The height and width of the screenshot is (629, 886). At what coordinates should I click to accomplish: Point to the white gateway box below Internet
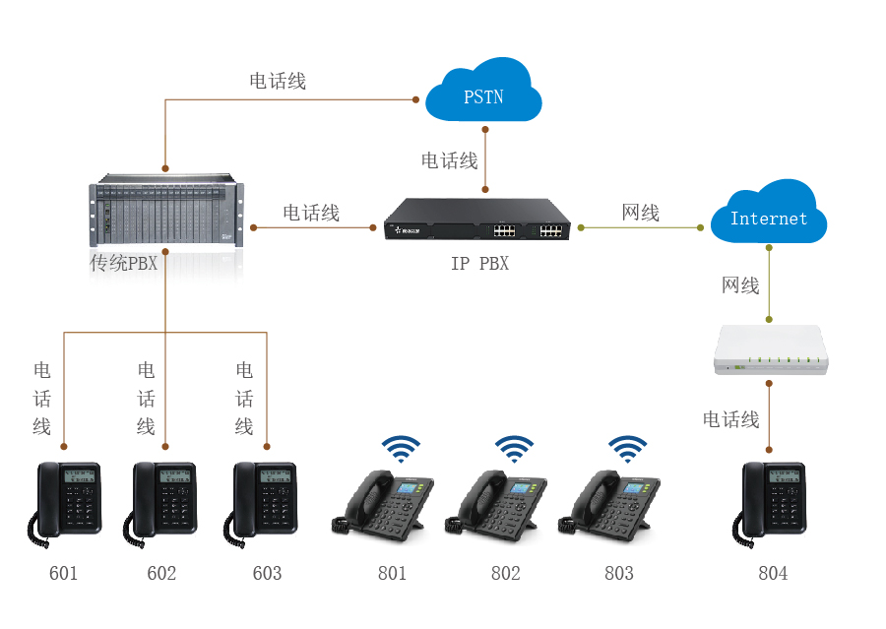774,350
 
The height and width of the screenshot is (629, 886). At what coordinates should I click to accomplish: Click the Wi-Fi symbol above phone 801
400,450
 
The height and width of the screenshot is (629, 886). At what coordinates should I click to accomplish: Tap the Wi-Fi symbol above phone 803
627,450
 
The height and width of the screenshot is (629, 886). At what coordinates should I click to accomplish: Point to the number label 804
773,573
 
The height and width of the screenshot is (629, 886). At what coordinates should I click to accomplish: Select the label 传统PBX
124,263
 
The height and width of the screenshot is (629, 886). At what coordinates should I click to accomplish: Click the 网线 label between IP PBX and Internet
641,213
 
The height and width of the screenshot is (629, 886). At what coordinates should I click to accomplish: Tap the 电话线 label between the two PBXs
311,213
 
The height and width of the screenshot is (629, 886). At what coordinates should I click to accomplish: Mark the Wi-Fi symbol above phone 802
513,450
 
